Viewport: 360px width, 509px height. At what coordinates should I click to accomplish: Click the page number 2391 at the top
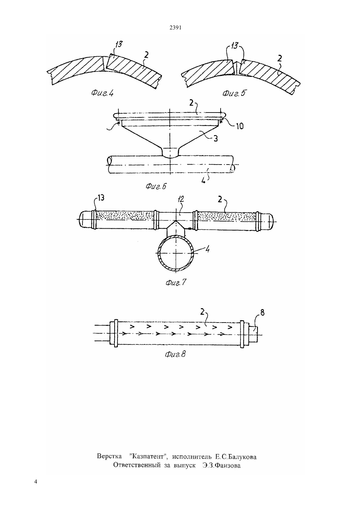[x=175, y=28]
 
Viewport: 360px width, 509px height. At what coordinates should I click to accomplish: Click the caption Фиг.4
[x=102, y=93]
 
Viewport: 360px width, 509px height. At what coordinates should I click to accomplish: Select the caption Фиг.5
[x=234, y=93]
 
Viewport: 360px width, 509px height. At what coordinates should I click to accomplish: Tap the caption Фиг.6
[x=156, y=186]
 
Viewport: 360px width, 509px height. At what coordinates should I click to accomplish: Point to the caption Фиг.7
[x=176, y=282]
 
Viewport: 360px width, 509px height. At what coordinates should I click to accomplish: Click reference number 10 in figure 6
[x=239, y=126]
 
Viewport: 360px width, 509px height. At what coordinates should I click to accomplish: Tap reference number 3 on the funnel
[x=215, y=138]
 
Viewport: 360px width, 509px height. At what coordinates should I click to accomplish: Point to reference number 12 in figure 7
[x=181, y=200]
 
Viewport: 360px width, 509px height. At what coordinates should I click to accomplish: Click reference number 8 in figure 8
[x=262, y=313]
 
